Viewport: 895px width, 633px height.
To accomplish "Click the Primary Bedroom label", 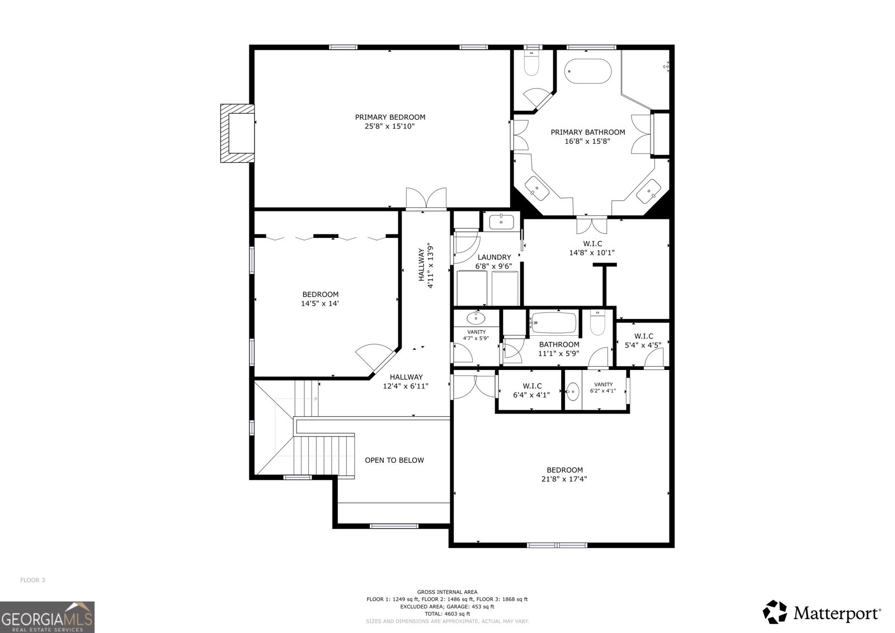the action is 390,117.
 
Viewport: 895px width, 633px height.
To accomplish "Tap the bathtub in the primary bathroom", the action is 588,71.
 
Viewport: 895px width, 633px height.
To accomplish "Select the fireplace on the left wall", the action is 237,133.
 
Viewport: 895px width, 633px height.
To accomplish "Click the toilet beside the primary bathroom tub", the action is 531,64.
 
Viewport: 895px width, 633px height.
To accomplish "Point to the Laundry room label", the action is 494,257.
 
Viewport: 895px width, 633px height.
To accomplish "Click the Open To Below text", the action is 394,460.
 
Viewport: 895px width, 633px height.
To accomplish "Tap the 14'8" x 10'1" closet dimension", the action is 592,253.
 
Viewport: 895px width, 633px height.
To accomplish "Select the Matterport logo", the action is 822,612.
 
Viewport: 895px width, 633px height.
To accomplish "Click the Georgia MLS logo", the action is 47,617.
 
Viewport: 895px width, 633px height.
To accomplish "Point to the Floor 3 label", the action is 33,580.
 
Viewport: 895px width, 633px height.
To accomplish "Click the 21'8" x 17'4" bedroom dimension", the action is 564,479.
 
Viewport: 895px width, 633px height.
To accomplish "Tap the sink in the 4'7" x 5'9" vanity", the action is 476,318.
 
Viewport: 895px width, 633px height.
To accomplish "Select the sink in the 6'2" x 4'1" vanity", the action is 573,391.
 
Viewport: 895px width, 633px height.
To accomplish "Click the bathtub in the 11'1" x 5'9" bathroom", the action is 554,323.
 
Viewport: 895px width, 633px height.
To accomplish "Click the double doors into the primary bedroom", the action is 426,198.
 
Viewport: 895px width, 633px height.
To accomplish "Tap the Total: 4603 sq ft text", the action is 447,625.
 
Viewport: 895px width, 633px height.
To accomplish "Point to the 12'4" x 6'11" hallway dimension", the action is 406,386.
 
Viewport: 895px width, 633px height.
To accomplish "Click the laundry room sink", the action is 501,221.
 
